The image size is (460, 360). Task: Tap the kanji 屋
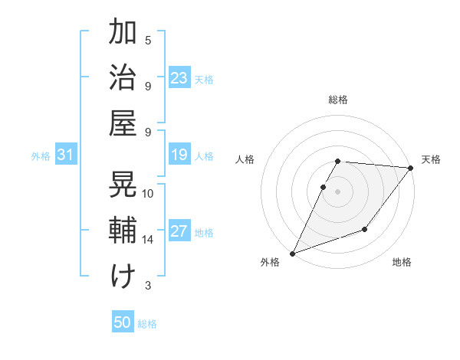click(123, 123)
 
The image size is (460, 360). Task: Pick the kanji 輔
click(123, 230)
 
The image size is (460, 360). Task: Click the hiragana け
click(123, 276)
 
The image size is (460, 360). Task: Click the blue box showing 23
click(179, 77)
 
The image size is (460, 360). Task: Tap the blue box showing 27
click(179, 231)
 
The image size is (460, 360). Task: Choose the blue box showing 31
click(65, 155)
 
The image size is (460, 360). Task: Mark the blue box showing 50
click(123, 322)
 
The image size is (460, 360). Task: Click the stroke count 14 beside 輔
click(147, 240)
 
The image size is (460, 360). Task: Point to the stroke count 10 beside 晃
click(148, 194)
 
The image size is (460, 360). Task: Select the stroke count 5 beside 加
click(148, 40)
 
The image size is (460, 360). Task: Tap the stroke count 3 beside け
click(148, 286)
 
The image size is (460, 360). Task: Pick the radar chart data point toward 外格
click(292, 253)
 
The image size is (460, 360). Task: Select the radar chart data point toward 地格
click(365, 229)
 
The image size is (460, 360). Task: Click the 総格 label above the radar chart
click(338, 100)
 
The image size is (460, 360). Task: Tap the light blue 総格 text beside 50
click(147, 324)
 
